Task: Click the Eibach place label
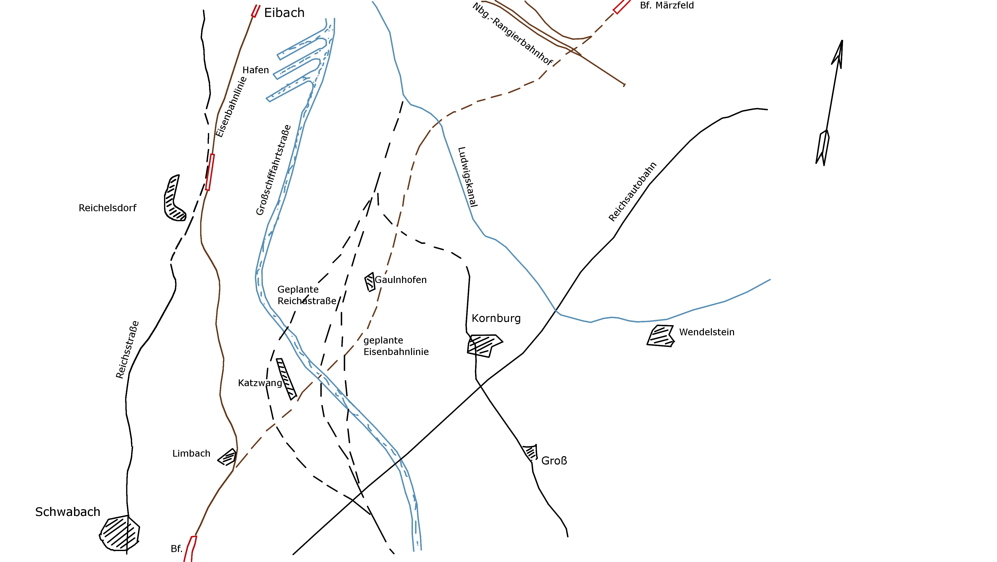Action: pos(284,13)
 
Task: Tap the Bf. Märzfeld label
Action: pos(666,5)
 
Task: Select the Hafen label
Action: pos(255,70)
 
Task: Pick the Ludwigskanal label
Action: pos(468,177)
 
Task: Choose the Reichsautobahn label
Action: pos(632,192)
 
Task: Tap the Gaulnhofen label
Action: pos(401,280)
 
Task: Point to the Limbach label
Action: pos(191,454)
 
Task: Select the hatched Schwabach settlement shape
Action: pos(120,533)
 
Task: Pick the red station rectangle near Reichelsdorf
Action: pos(210,172)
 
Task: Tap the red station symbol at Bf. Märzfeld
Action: pos(622,6)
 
